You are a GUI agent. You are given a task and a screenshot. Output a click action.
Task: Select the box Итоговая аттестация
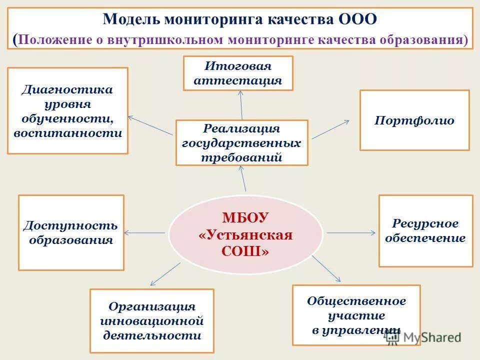tap(238, 73)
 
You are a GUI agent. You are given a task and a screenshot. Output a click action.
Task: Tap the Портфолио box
tap(414, 120)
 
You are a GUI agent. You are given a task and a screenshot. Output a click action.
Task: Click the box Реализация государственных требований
tap(241, 142)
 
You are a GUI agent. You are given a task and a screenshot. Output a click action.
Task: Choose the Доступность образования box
tap(71, 232)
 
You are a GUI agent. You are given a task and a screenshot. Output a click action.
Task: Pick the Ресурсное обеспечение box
tap(425, 230)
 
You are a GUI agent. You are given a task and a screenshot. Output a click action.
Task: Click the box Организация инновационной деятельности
tap(152, 320)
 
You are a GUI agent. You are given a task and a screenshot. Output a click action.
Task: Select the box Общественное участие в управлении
tap(356, 315)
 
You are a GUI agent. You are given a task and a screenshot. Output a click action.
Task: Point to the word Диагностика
tap(67, 90)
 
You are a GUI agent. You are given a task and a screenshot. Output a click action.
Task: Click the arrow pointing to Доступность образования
tap(145, 232)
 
